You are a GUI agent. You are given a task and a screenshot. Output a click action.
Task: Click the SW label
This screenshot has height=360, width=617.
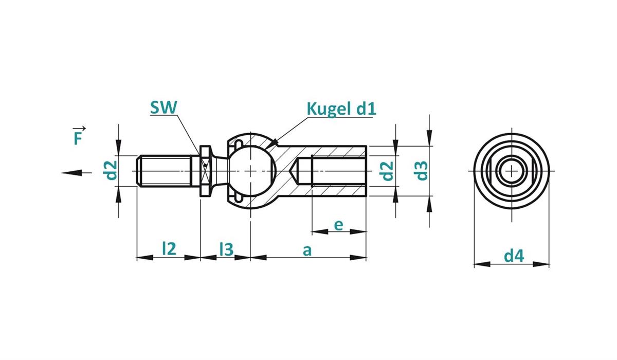[x=164, y=107]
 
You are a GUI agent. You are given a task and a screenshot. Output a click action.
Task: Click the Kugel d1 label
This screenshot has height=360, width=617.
[x=341, y=109]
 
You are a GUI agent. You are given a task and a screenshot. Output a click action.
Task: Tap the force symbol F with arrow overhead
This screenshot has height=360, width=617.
[x=78, y=136]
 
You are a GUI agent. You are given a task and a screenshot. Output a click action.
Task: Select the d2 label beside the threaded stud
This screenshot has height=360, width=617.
[x=110, y=170]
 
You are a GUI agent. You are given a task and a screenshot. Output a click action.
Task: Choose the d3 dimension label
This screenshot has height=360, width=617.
[x=421, y=171]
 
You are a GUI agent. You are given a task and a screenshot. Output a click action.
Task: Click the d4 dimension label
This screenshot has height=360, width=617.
[x=513, y=256]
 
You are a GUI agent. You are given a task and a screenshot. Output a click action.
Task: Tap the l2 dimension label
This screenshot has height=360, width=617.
[x=169, y=249]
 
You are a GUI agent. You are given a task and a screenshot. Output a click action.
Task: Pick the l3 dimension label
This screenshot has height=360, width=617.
[x=226, y=249]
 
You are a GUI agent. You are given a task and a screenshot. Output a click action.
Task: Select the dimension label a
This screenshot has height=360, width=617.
[x=307, y=250]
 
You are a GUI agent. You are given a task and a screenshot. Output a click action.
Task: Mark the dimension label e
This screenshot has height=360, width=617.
[x=338, y=225]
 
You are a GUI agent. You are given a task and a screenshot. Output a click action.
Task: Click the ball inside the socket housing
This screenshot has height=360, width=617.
[x=250, y=170]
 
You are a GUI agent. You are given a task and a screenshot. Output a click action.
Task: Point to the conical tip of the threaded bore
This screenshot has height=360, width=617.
[x=299, y=170]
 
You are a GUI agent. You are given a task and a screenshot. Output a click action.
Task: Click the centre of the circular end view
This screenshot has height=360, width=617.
[x=512, y=170]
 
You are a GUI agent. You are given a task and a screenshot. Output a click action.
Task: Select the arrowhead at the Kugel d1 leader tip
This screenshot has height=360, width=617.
[x=276, y=141]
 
